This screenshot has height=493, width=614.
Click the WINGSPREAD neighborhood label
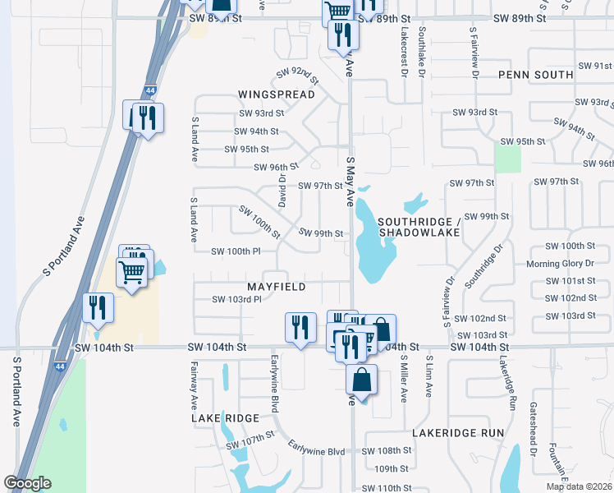tap(277, 95)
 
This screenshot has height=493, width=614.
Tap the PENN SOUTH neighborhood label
tap(535, 75)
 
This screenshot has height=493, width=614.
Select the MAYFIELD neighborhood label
tap(277, 287)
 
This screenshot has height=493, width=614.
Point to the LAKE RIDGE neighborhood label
tap(226, 418)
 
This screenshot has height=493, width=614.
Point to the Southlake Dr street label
tap(421, 49)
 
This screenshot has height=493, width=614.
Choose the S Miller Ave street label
tap(404, 377)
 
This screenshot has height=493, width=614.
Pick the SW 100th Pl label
tap(236, 251)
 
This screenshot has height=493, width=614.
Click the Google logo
tap(28, 483)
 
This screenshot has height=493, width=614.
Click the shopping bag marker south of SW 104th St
tap(361, 380)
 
